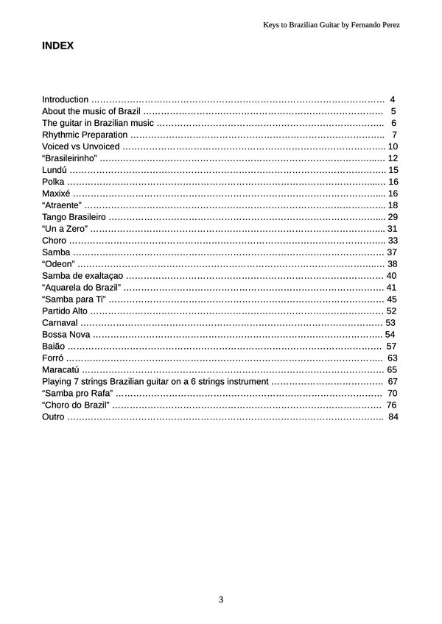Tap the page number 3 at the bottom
pyautogui.click(x=221, y=599)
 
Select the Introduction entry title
pyautogui.click(x=66, y=99)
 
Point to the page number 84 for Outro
pyautogui.click(x=393, y=417)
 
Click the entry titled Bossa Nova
pyautogui.click(x=66, y=335)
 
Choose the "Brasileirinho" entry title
pyautogui.click(x=70, y=158)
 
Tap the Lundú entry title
pyautogui.click(x=55, y=170)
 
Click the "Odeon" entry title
pyautogui.click(x=58, y=264)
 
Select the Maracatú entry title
pyautogui.click(x=60, y=370)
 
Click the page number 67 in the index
pyautogui.click(x=392, y=382)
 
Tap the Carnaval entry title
pyautogui.click(x=60, y=323)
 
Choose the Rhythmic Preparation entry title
pyautogui.click(x=85, y=135)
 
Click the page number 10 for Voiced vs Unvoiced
pyautogui.click(x=392, y=146)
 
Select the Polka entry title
pyautogui.click(x=53, y=182)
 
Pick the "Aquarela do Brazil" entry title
pyautogui.click(x=82, y=288)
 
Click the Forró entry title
pyautogui.click(x=53, y=358)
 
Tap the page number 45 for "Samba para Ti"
pyautogui.click(x=392, y=299)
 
